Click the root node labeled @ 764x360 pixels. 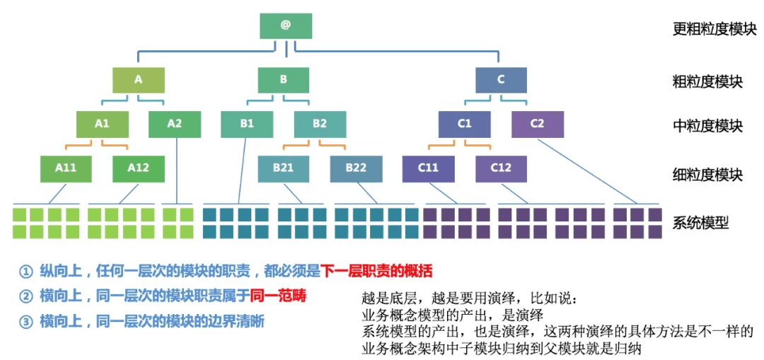click(286, 25)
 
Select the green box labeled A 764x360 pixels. click(139, 80)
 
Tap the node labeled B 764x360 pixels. click(284, 80)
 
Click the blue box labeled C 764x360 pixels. click(501, 80)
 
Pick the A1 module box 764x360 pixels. click(103, 124)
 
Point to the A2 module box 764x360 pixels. click(175, 124)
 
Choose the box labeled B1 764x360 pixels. click(247, 124)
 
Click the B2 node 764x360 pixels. click(320, 124)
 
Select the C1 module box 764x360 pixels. click(464, 124)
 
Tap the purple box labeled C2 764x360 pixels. click(537, 124)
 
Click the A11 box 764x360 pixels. click(66, 168)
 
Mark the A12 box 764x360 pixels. click(139, 168)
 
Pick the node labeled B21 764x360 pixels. click(284, 168)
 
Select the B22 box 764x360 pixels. click(356, 168)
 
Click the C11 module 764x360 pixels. click(428, 168)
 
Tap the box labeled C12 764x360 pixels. click(501, 168)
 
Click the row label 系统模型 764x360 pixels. click(700, 224)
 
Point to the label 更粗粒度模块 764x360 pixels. click(714, 30)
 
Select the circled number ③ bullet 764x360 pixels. click(26, 321)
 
